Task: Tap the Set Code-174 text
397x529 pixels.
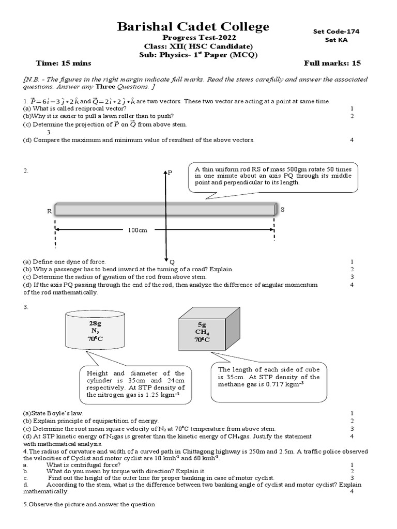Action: [336, 31]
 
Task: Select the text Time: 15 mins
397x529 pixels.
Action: [64, 63]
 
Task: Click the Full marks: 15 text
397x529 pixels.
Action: [332, 63]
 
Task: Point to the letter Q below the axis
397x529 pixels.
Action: [172, 262]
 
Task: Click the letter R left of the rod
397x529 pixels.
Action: [49, 211]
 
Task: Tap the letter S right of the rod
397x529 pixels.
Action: [282, 209]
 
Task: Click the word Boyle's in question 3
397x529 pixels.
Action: [62, 413]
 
